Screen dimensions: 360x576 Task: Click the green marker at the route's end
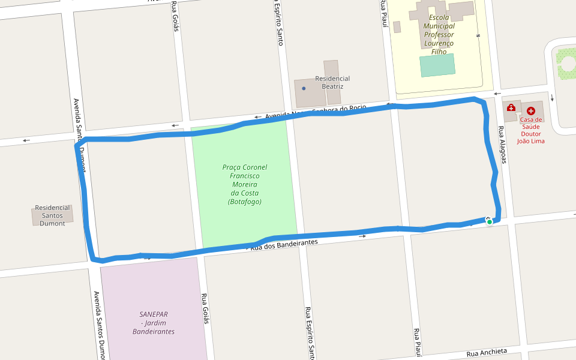(x=490, y=222)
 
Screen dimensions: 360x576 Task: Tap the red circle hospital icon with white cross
(x=531, y=111)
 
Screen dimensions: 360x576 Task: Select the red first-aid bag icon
(x=511, y=108)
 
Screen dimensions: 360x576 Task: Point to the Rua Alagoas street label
(x=503, y=144)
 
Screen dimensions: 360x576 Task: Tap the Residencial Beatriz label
(x=332, y=82)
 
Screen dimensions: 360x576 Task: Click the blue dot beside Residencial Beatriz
(x=304, y=89)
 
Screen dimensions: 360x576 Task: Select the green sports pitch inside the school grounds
(x=437, y=65)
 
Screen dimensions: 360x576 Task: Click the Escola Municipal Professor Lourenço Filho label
(x=439, y=35)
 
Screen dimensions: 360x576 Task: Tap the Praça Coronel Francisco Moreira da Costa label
(x=245, y=184)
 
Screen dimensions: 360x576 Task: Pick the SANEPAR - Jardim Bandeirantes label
(x=154, y=323)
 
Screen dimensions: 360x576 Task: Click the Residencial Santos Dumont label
(x=53, y=215)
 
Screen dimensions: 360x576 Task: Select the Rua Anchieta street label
(x=487, y=352)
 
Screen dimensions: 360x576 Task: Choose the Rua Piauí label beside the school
(x=382, y=14)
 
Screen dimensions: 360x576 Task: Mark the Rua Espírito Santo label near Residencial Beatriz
(x=279, y=24)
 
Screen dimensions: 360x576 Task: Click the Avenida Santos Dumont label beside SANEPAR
(x=100, y=324)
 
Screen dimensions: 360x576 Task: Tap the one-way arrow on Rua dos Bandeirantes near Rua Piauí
(x=362, y=236)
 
